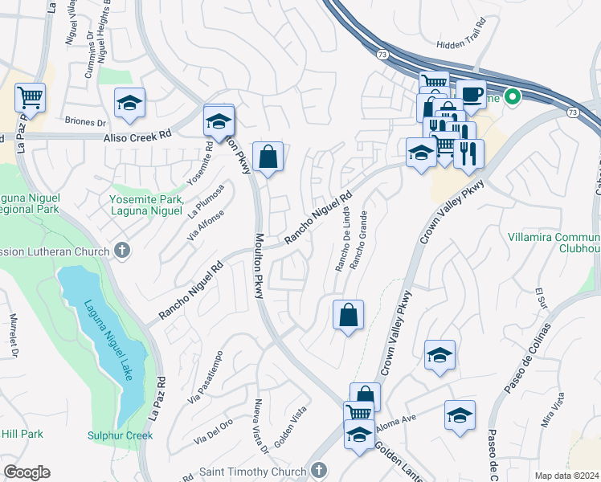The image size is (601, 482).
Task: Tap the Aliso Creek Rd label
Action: click(x=138, y=137)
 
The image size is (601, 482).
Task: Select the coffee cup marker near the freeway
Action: click(x=472, y=95)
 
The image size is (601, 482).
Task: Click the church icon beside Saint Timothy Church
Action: click(x=318, y=470)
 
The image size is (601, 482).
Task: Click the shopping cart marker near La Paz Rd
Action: click(x=31, y=98)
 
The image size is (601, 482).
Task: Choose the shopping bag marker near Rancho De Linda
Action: click(x=349, y=316)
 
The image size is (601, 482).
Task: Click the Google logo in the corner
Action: click(x=27, y=472)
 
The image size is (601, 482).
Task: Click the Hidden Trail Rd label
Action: click(x=460, y=45)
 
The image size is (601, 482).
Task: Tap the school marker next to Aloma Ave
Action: click(x=460, y=415)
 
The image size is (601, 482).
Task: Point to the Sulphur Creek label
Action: click(x=121, y=435)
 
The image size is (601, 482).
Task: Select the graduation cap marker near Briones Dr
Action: click(x=129, y=103)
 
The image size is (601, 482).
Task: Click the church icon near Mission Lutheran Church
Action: click(x=122, y=250)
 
